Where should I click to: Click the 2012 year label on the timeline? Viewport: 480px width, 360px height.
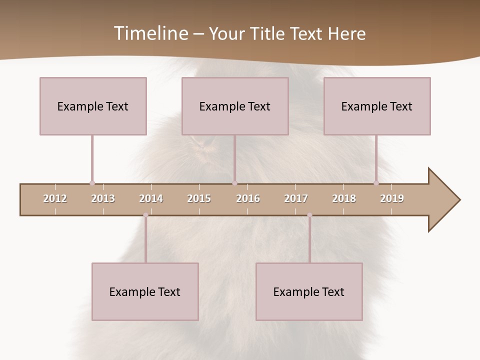55,198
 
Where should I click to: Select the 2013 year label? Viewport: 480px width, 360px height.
103,198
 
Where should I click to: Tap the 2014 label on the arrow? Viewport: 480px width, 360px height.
151,198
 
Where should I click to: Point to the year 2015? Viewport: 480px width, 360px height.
199,198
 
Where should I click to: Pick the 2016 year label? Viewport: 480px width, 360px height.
248,198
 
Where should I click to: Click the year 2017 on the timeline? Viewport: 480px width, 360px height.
296,198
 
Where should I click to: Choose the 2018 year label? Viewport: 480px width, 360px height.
344,198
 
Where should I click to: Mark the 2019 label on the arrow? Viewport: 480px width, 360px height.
392,198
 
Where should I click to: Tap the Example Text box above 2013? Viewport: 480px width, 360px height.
93,106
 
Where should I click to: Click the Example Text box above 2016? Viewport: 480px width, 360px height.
235,106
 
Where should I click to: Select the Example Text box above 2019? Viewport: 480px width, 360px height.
377,106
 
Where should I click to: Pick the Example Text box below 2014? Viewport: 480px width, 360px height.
145,291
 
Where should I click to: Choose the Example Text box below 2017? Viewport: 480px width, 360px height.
309,291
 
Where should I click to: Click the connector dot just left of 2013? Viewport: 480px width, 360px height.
92,183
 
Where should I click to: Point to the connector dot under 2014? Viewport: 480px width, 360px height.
145,215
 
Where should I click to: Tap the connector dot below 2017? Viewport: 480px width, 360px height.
309,215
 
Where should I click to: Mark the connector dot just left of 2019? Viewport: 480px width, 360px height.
376,183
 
